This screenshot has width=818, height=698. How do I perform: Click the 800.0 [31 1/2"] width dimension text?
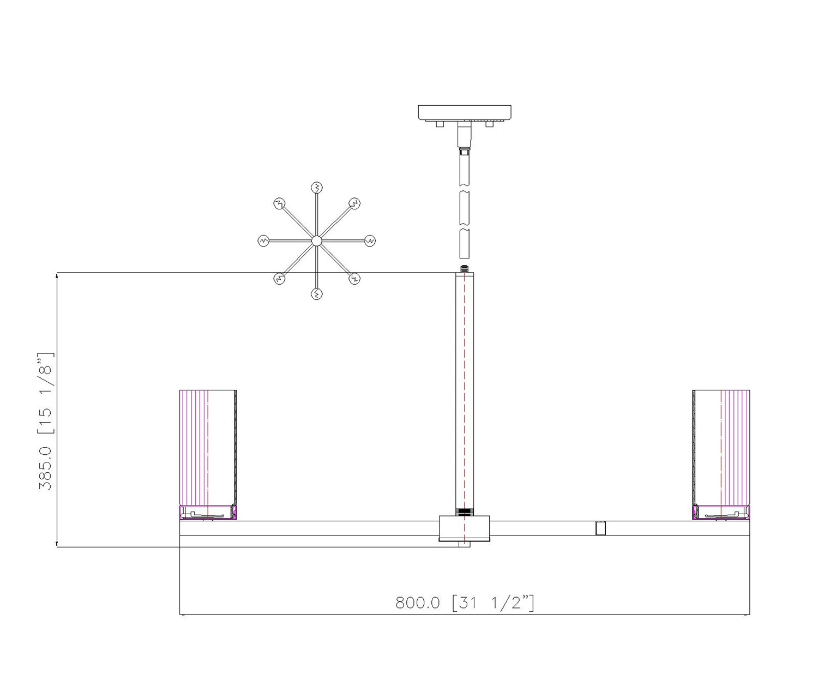coord(465,603)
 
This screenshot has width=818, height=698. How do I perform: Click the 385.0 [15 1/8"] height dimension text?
coord(45,421)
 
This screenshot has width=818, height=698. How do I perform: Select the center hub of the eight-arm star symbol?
coord(316,240)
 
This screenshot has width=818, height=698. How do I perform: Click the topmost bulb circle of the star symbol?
coord(317,187)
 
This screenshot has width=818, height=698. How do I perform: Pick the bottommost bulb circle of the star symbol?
coord(317,294)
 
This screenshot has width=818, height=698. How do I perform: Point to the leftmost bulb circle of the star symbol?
coord(263,240)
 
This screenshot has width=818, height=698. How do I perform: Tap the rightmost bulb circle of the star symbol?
coord(370,240)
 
